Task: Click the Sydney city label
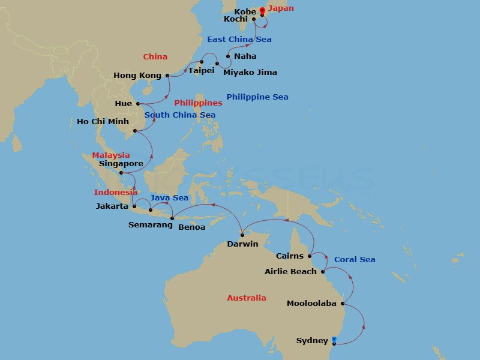click(x=312, y=341)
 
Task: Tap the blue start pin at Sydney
click(x=334, y=340)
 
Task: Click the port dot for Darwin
click(x=242, y=235)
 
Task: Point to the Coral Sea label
click(x=354, y=259)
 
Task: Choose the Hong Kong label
click(x=137, y=76)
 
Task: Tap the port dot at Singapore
click(x=122, y=173)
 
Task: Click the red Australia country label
click(x=246, y=298)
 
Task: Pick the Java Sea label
click(x=169, y=197)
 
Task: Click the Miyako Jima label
click(x=250, y=73)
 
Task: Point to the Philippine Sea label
click(x=257, y=97)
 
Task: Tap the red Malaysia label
click(x=111, y=155)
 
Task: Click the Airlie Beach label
click(x=290, y=272)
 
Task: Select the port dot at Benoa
click(x=172, y=218)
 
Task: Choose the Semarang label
click(x=147, y=225)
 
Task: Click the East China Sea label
click(x=239, y=39)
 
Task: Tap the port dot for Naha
click(x=228, y=56)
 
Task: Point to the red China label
click(x=154, y=56)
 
